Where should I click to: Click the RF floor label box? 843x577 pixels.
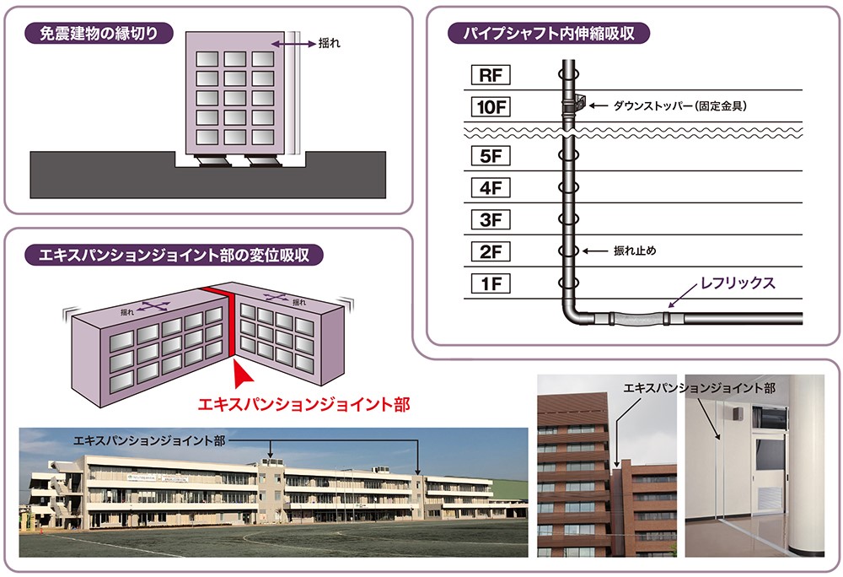click(491, 75)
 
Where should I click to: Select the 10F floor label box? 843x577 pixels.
click(491, 106)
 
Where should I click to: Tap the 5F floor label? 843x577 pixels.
click(491, 156)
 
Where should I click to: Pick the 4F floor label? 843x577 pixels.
click(491, 187)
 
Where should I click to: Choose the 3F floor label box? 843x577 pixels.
click(491, 219)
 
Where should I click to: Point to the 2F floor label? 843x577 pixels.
click(491, 251)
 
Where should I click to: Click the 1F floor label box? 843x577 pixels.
click(491, 283)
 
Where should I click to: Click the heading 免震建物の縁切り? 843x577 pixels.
click(99, 34)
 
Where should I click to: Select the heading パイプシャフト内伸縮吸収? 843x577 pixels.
click(549, 34)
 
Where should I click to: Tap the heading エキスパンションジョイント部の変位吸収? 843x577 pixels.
click(174, 255)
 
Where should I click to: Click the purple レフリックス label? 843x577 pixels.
click(738, 283)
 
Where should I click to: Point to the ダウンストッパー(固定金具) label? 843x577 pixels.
click(680, 106)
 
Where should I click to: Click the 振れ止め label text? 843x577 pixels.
click(635, 251)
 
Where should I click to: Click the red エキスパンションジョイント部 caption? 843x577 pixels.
click(303, 404)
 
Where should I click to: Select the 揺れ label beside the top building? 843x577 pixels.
click(329, 44)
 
